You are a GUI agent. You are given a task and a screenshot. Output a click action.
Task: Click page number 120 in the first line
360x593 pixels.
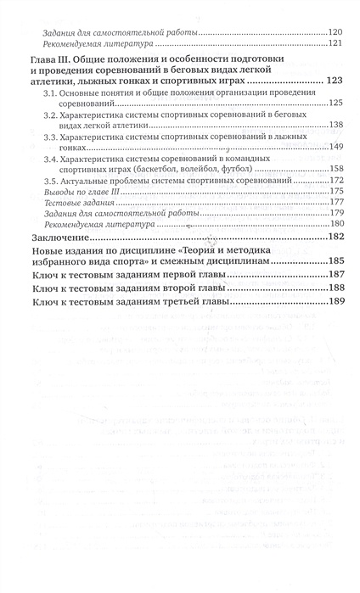(x=335, y=31)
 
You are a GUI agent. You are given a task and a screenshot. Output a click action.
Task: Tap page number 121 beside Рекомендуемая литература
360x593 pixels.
(x=335, y=43)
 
